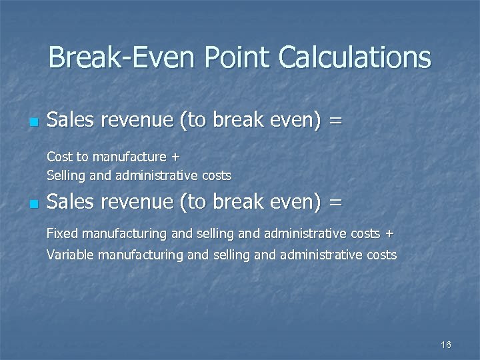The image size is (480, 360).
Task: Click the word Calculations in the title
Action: pos(355,57)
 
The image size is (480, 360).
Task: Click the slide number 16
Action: pos(446,345)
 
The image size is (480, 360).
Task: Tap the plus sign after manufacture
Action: pos(175,158)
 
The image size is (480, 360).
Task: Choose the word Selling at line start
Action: pos(65,176)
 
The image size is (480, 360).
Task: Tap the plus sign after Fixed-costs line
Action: pos(389,234)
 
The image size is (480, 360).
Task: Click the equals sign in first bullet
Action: pos(336,121)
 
